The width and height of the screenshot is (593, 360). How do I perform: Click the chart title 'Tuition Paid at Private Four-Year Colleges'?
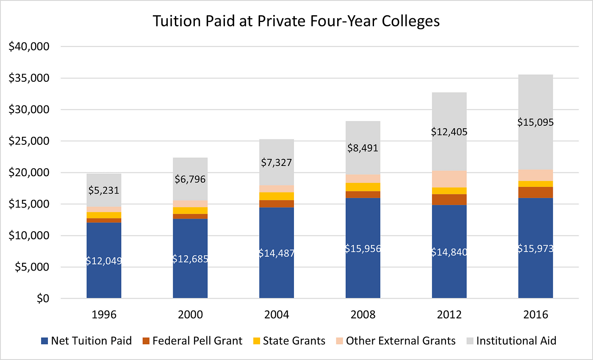coord(296,21)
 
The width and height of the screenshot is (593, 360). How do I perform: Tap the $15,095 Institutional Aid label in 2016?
coord(535,122)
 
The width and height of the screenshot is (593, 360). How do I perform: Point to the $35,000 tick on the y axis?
coord(29,78)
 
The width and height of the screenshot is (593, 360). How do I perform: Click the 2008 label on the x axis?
coord(363,315)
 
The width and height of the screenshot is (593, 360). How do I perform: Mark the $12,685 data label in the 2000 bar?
coord(190,258)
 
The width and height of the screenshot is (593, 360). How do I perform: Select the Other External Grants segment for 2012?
coord(449,179)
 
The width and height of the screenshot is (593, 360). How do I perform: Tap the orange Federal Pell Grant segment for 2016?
coord(535,192)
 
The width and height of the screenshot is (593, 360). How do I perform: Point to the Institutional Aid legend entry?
coord(511,341)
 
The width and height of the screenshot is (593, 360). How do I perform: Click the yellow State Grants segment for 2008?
coord(363,187)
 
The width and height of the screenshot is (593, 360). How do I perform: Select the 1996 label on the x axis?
coord(104,315)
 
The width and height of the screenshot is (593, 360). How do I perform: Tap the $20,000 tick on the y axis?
coord(29,173)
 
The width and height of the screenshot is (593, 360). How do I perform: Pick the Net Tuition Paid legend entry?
coord(86,341)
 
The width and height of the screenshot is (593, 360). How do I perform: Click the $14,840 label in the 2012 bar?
coord(449,252)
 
